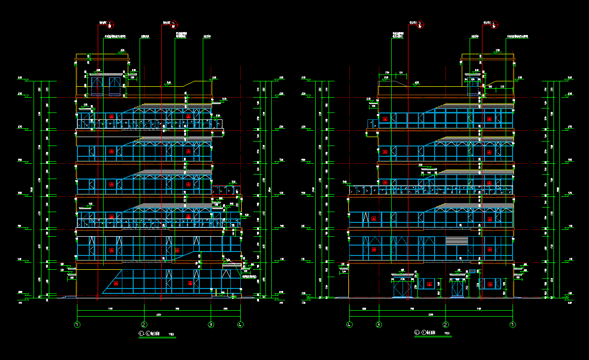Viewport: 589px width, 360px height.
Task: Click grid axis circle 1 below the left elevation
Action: point(77,324)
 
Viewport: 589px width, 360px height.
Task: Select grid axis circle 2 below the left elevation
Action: point(144,324)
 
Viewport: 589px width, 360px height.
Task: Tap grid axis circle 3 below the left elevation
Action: point(211,324)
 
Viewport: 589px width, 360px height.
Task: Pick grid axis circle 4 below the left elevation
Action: point(240,324)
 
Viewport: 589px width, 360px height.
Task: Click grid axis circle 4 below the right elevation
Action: point(350,324)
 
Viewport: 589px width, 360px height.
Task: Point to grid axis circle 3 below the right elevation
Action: point(379,324)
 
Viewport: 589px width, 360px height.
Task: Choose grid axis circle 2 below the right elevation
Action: point(445,324)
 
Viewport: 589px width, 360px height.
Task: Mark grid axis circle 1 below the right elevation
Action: point(513,324)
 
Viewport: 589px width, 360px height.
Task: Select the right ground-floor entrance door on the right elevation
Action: point(458,288)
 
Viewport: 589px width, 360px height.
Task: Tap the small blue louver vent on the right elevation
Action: point(472,271)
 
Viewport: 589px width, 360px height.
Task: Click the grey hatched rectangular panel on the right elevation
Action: point(456,240)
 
